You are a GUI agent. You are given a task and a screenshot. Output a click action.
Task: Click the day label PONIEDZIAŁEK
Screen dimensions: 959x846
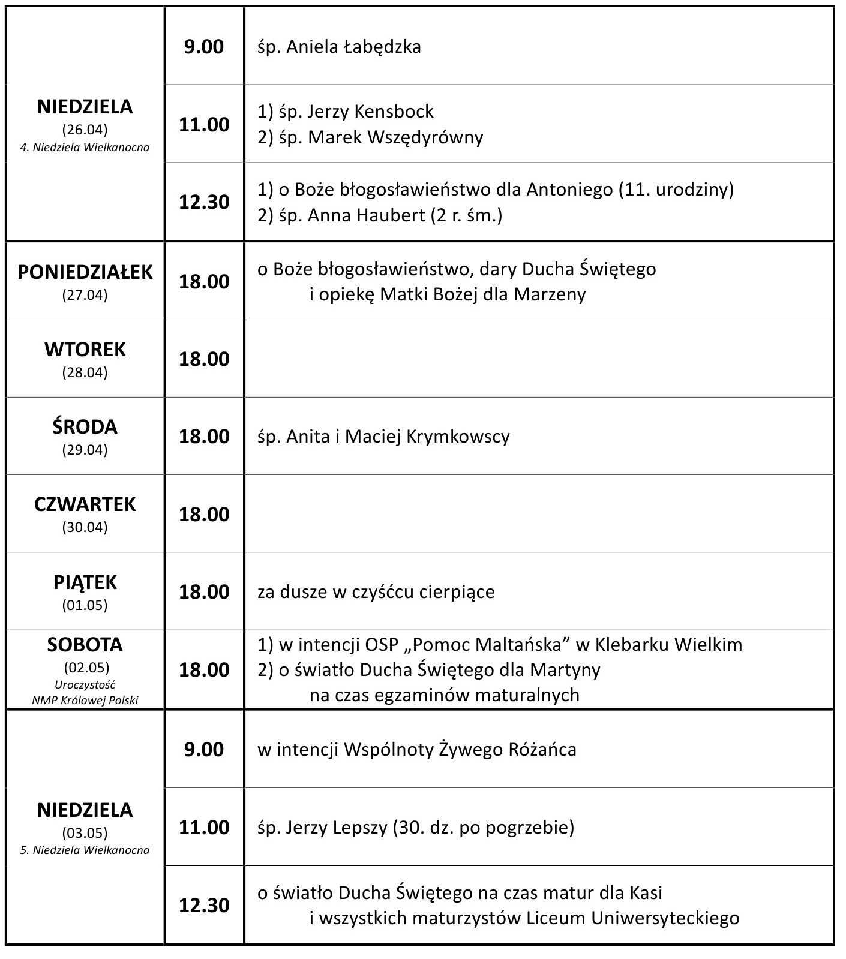click(85, 272)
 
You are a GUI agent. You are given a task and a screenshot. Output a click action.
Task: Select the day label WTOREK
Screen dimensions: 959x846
click(85, 349)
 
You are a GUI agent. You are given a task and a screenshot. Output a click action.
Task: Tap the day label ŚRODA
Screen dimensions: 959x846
click(85, 426)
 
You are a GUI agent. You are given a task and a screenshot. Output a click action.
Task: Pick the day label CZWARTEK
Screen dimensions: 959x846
click(85, 504)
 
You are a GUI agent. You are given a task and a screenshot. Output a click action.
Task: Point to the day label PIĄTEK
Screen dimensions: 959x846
click(85, 582)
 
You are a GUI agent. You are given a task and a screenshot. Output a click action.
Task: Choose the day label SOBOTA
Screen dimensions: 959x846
click(85, 645)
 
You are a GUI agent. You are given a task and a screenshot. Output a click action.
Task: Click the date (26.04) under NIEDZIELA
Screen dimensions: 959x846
click(85, 129)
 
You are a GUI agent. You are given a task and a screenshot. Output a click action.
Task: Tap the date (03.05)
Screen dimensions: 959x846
click(85, 832)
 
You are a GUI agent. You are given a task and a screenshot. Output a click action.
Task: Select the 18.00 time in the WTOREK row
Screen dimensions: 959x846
click(204, 359)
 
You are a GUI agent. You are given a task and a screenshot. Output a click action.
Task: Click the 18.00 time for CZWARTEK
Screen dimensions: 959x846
click(204, 515)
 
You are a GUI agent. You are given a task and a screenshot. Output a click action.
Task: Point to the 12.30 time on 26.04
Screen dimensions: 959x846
click(204, 202)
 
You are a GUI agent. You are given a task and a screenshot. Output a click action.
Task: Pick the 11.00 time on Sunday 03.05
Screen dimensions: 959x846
click(204, 828)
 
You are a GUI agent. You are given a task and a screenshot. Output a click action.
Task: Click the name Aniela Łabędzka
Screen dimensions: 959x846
click(353, 47)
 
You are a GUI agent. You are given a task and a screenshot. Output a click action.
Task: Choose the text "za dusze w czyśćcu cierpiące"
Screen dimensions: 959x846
click(376, 592)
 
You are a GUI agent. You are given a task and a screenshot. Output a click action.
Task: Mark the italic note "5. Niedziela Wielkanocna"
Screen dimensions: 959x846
click(85, 850)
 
